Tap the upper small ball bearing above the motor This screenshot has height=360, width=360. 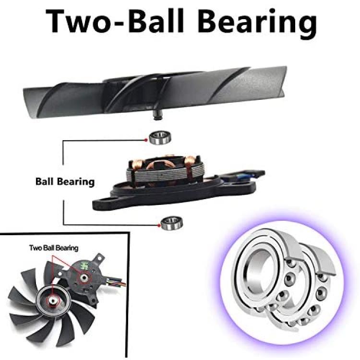coord(160,138)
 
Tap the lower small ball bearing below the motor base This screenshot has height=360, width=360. coord(172,223)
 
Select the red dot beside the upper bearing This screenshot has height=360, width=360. coord(146,140)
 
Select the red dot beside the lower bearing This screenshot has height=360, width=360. coord(159,226)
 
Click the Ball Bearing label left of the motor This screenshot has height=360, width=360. coord(65,182)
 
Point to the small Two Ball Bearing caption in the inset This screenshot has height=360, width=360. coord(54,248)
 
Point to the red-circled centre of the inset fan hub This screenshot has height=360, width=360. coord(53,301)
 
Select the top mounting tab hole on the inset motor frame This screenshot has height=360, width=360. coord(100,258)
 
